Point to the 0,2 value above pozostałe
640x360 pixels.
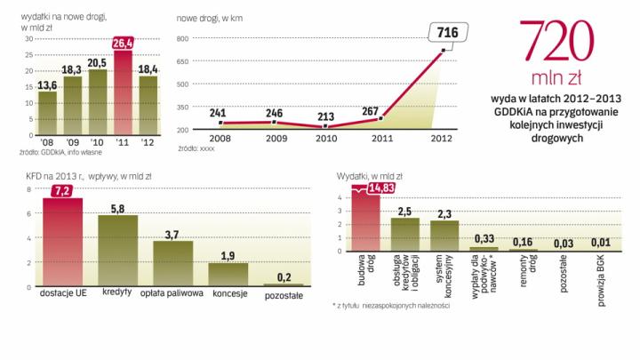(284, 276)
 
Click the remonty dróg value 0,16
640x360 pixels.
(523, 241)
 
